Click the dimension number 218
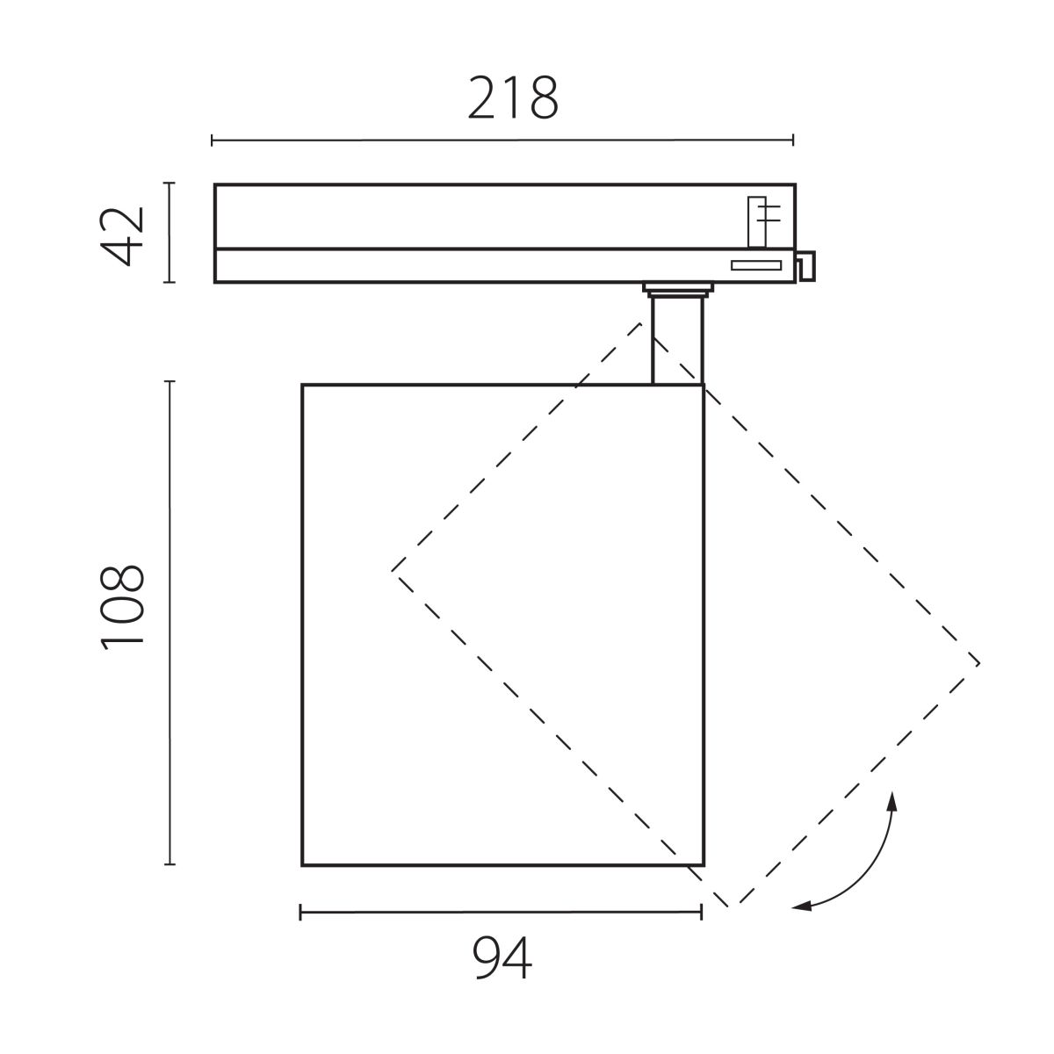pyautogui.click(x=513, y=98)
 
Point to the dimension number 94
pyautogui.click(x=502, y=958)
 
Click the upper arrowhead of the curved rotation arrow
pyautogui.click(x=892, y=798)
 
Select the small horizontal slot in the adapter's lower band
pyautogui.click(x=756, y=264)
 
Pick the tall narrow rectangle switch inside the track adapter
pyautogui.click(x=756, y=221)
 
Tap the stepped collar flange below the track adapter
pyautogui.click(x=677, y=289)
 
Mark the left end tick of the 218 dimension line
pyautogui.click(x=213, y=140)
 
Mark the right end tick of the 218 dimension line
pyautogui.click(x=793, y=140)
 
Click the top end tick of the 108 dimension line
pyautogui.click(x=170, y=382)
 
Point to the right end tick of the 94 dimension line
pyautogui.click(x=701, y=913)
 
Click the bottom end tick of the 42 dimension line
pyautogui.click(x=170, y=282)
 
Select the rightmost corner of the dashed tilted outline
pyautogui.click(x=979, y=663)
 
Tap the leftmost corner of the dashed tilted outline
pyautogui.click(x=392, y=570)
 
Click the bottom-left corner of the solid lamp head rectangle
pyautogui.click(x=303, y=865)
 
